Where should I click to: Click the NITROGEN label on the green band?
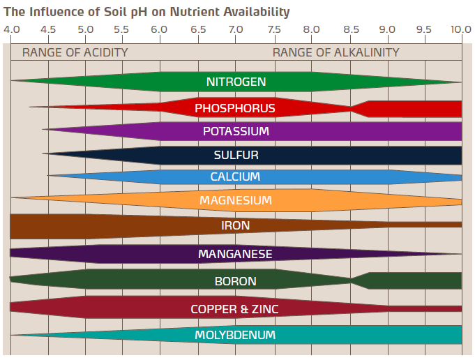click(236, 82)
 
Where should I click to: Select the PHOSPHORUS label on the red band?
click(235, 108)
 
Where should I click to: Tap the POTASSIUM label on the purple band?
click(236, 131)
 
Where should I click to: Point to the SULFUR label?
click(236, 155)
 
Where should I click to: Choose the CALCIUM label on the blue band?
click(236, 177)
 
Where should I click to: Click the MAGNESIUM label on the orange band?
click(236, 201)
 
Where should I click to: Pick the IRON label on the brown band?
click(236, 225)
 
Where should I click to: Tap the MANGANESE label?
click(236, 254)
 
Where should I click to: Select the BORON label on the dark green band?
click(236, 281)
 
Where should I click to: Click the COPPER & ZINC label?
click(235, 308)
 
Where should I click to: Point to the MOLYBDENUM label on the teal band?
click(236, 335)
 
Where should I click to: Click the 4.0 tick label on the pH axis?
click(11, 29)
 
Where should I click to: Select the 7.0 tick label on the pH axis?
click(236, 29)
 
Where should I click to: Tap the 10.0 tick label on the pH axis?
click(460, 29)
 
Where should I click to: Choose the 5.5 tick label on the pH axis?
click(121, 29)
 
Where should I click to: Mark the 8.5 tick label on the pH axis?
click(352, 29)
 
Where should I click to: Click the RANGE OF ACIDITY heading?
click(75, 52)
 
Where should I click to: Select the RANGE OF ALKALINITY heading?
click(336, 52)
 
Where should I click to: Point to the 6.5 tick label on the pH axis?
click(198, 29)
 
